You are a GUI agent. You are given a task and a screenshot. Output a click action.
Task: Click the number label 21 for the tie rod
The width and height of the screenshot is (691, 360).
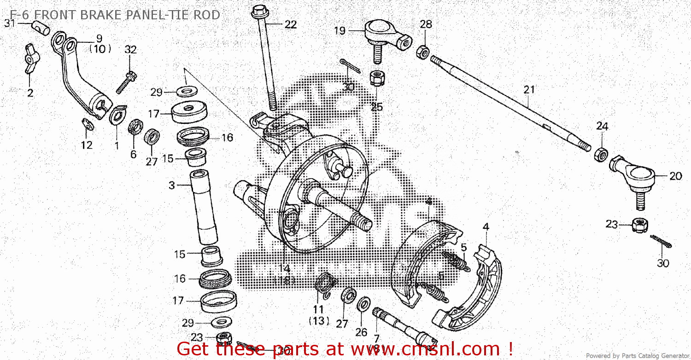pyautogui.click(x=529, y=89)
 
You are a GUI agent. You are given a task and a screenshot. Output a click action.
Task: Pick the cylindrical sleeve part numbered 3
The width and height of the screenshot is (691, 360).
pyautogui.click(x=203, y=207)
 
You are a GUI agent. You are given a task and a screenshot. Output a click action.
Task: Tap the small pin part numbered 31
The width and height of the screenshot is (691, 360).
pyautogui.click(x=41, y=28)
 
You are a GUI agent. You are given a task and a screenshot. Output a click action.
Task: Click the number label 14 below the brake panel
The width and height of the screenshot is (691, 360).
pyautogui.click(x=284, y=268)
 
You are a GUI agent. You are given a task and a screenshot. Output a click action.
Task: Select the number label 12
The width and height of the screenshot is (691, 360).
pyautogui.click(x=87, y=145)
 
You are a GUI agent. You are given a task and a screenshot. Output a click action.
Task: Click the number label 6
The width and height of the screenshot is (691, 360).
pyautogui.click(x=133, y=154)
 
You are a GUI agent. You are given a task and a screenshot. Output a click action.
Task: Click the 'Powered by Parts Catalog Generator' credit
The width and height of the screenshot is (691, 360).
pyautogui.click(x=638, y=355)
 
